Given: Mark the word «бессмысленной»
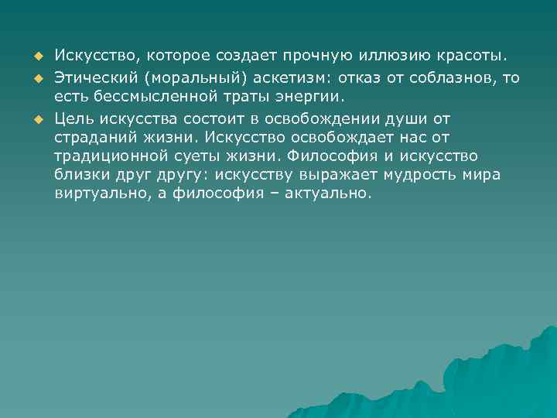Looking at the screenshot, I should (144, 97).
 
